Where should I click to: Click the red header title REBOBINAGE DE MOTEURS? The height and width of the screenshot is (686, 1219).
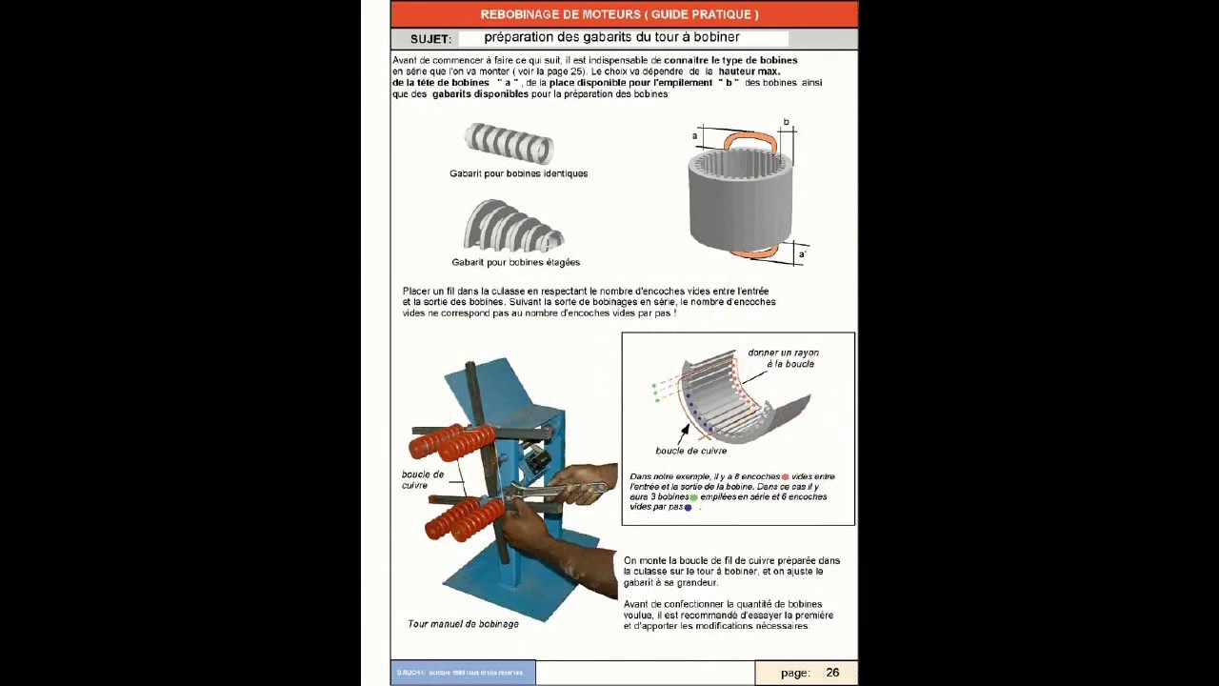(x=619, y=14)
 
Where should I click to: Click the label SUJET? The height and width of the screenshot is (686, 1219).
(x=430, y=39)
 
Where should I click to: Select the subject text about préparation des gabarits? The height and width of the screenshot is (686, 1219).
(x=611, y=38)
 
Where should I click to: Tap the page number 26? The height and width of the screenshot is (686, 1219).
(x=832, y=673)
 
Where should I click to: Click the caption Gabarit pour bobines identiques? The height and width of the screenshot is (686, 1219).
(x=518, y=173)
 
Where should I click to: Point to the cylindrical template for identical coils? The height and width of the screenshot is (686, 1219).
(x=509, y=143)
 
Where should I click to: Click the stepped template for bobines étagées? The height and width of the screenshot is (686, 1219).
(x=513, y=227)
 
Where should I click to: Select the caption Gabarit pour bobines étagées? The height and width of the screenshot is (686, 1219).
(x=515, y=262)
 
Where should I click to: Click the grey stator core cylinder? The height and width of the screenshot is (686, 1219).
(x=740, y=200)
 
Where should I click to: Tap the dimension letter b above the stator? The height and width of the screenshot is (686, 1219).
(x=786, y=123)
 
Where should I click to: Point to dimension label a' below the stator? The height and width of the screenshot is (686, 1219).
(x=802, y=254)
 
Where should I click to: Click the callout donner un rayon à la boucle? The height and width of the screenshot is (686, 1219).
(x=783, y=358)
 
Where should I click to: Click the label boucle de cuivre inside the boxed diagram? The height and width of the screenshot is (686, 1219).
(x=690, y=451)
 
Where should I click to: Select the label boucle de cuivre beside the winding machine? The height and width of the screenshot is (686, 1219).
(x=422, y=479)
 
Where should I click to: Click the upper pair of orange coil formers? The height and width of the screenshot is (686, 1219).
(x=452, y=441)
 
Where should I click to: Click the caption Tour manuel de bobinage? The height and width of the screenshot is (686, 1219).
(x=463, y=624)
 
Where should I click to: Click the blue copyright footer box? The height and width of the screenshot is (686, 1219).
(x=463, y=673)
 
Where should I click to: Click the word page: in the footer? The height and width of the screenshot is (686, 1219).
(x=795, y=673)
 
